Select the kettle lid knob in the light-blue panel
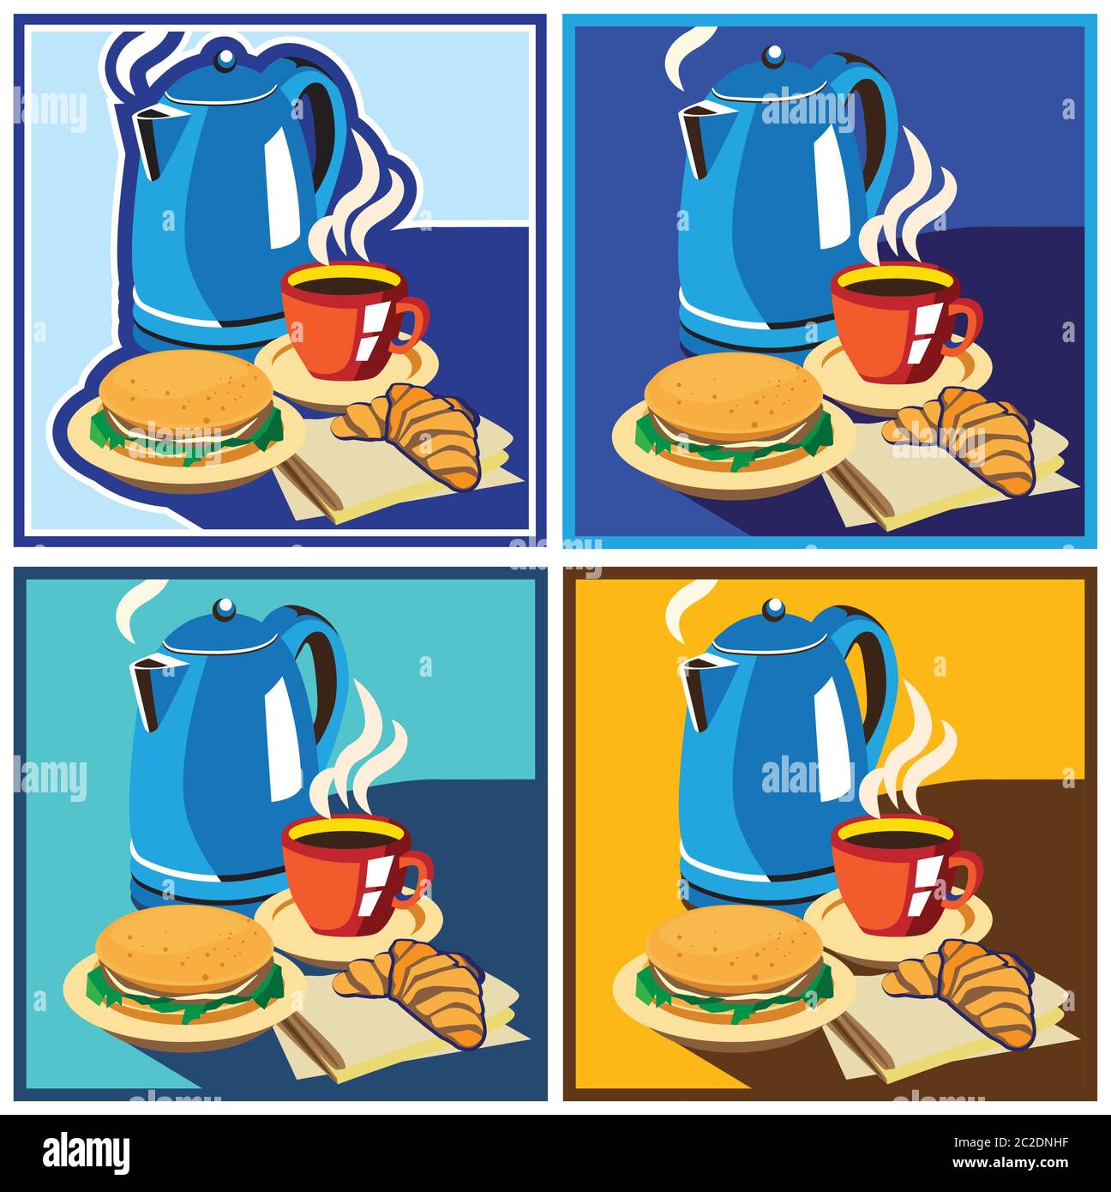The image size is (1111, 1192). click(x=225, y=59)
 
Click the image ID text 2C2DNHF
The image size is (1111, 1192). click(x=1036, y=1142)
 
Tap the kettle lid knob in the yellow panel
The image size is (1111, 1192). click(x=774, y=610)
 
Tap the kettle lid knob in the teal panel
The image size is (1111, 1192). click(x=225, y=610)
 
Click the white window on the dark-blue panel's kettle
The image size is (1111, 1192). click(x=832, y=187)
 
